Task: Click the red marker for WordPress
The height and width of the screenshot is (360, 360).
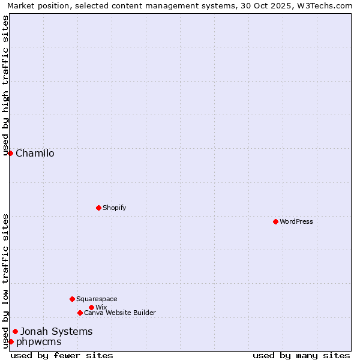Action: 275,221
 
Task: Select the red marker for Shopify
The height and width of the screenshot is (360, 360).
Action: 98,208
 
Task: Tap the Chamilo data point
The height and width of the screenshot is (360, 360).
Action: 10,153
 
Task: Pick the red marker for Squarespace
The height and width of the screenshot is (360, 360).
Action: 72,299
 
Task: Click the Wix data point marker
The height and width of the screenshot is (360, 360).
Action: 91,307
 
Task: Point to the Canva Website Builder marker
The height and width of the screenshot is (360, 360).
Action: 80,313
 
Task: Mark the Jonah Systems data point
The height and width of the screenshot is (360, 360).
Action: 15,331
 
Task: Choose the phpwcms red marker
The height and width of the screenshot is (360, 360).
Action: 11,341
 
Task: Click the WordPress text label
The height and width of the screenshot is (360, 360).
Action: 296,221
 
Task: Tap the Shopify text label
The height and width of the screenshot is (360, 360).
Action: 115,208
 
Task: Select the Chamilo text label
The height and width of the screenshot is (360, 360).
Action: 35,153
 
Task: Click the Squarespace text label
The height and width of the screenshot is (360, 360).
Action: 97,299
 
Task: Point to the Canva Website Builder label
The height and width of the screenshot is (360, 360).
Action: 120,313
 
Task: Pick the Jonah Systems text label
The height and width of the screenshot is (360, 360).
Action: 56,331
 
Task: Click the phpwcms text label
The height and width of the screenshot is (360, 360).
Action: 38,341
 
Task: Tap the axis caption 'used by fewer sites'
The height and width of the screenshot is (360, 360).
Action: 62,355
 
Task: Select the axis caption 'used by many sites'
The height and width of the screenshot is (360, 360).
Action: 301,355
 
